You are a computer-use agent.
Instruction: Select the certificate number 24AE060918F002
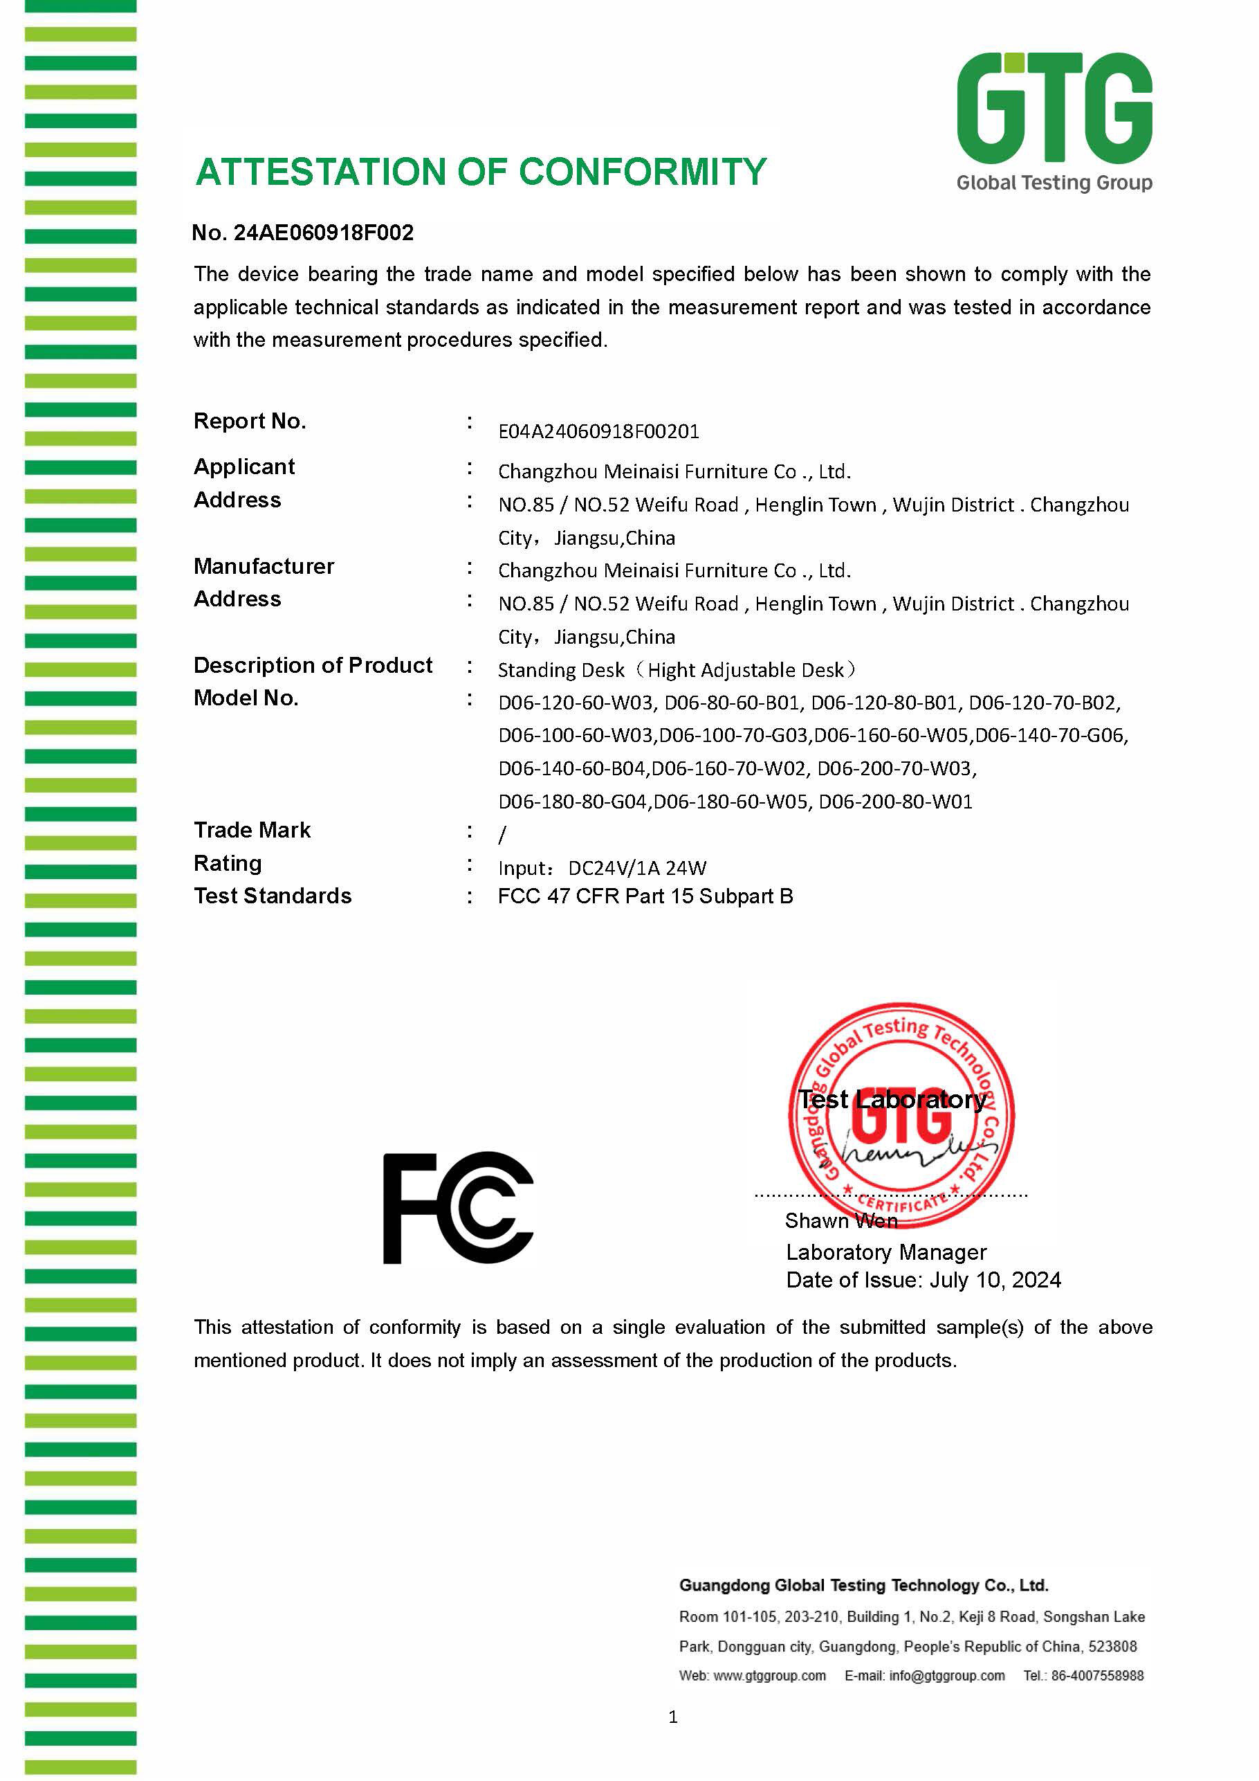323,233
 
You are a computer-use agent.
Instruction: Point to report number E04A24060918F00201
598,431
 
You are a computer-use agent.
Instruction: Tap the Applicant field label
244,467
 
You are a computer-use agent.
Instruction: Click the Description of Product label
313,666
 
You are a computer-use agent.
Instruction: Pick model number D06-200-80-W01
895,802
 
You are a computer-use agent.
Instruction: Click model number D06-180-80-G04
572,802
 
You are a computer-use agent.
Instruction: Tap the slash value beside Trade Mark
502,835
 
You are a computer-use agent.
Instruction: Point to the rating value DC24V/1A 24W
637,868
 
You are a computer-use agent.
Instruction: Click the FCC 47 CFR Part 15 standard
645,896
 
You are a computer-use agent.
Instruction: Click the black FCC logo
458,1208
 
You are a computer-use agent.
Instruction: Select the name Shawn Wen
841,1221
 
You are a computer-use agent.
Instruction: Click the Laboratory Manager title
885,1253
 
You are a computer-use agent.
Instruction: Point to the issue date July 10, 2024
995,1281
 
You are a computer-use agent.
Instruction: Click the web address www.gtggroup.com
769,1676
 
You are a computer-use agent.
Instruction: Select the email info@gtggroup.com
946,1676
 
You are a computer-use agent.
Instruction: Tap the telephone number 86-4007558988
1097,1676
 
